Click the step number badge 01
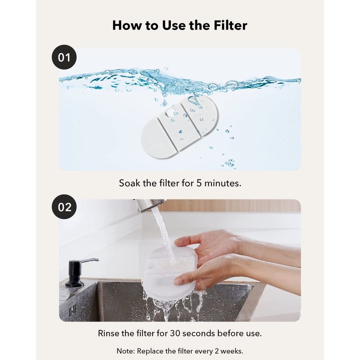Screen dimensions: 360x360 64,57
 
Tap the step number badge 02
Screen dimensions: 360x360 64,207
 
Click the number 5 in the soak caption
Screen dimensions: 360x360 199,183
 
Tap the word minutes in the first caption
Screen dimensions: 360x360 223,183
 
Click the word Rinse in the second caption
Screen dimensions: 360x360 108,333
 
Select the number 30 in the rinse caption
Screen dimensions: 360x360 175,333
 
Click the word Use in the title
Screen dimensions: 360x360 174,25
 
